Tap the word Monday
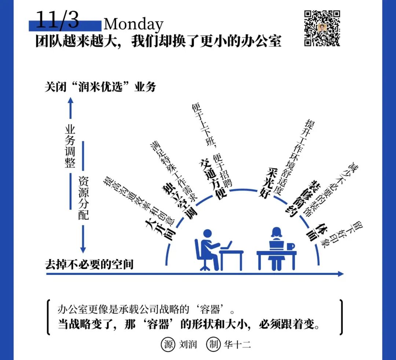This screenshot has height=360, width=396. [133, 25]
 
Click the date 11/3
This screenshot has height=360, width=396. [58, 20]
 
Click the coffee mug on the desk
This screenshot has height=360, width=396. [291, 246]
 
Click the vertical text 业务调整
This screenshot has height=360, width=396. [70, 146]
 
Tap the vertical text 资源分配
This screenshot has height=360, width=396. [83, 197]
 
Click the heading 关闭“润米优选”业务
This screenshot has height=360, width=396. [100, 87]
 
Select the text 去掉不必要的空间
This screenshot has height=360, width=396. [89, 265]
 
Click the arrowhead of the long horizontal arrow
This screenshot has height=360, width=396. [341, 273]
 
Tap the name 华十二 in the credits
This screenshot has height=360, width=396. [237, 345]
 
